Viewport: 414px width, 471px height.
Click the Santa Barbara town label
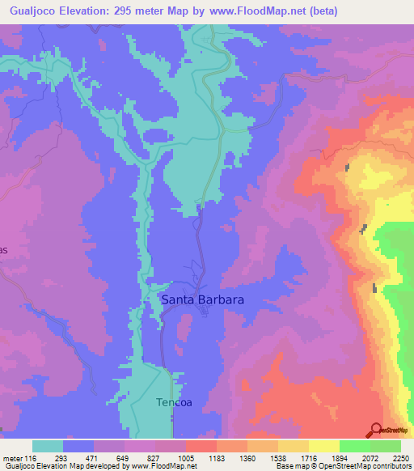(202, 299)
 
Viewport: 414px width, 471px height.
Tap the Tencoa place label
(174, 402)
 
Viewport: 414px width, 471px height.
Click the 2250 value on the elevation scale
(399, 458)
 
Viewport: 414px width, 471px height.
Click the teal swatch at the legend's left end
(48, 446)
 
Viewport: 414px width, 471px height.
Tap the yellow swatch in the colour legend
(323, 446)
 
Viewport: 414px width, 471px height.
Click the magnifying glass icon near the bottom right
(376, 430)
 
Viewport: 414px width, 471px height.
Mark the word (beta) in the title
(322, 11)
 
